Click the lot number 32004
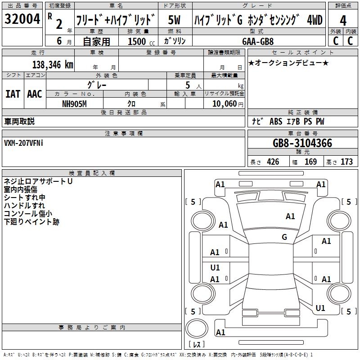pyautogui.click(x=22, y=19)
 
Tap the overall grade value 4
pyautogui.click(x=343, y=20)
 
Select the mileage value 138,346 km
pyautogui.click(x=53, y=65)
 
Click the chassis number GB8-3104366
pyautogui.click(x=302, y=143)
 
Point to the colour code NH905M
pyautogui.click(x=74, y=104)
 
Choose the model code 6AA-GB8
pyautogui.click(x=258, y=41)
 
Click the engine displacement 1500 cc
pyautogui.click(x=141, y=41)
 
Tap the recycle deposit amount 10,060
pyautogui.click(x=225, y=104)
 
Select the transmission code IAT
pyautogui.click(x=13, y=94)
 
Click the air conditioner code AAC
pyautogui.click(x=35, y=94)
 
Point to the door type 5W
pyautogui.click(x=174, y=20)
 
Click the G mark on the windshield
pyautogui.click(x=284, y=237)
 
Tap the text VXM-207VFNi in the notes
pyautogui.click(x=23, y=143)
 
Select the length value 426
pyautogui.click(x=273, y=162)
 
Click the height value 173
pyautogui.click(x=346, y=162)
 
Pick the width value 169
pyautogui.click(x=310, y=162)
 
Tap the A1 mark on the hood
pyautogui.click(x=290, y=216)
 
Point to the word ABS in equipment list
pyautogui.click(x=276, y=121)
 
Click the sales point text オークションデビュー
pyautogui.click(x=288, y=63)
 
